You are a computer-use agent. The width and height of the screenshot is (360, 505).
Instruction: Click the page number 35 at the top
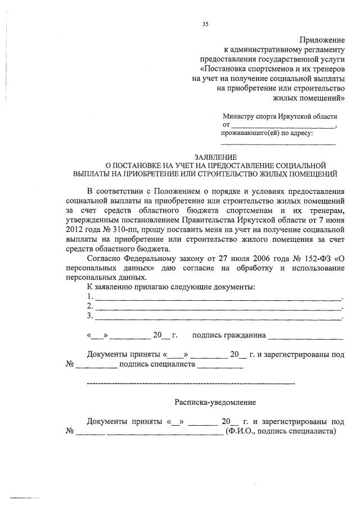(x=205, y=24)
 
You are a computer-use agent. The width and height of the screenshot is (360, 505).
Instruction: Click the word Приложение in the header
(x=322, y=40)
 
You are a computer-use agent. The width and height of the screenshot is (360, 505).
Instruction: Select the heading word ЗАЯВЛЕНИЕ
(x=215, y=157)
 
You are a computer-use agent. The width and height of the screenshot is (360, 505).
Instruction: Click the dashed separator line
(x=191, y=384)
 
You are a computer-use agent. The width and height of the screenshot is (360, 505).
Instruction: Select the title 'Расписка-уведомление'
(x=215, y=403)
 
